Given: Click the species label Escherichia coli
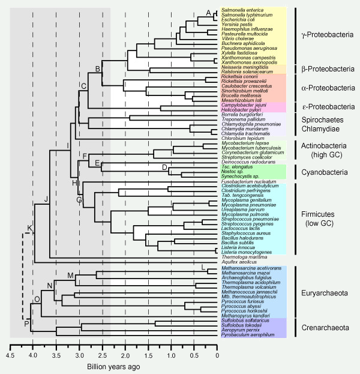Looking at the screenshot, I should [x=239, y=22].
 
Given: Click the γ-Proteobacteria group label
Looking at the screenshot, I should [x=327, y=35].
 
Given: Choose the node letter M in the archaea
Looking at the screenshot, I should [x=71, y=276].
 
